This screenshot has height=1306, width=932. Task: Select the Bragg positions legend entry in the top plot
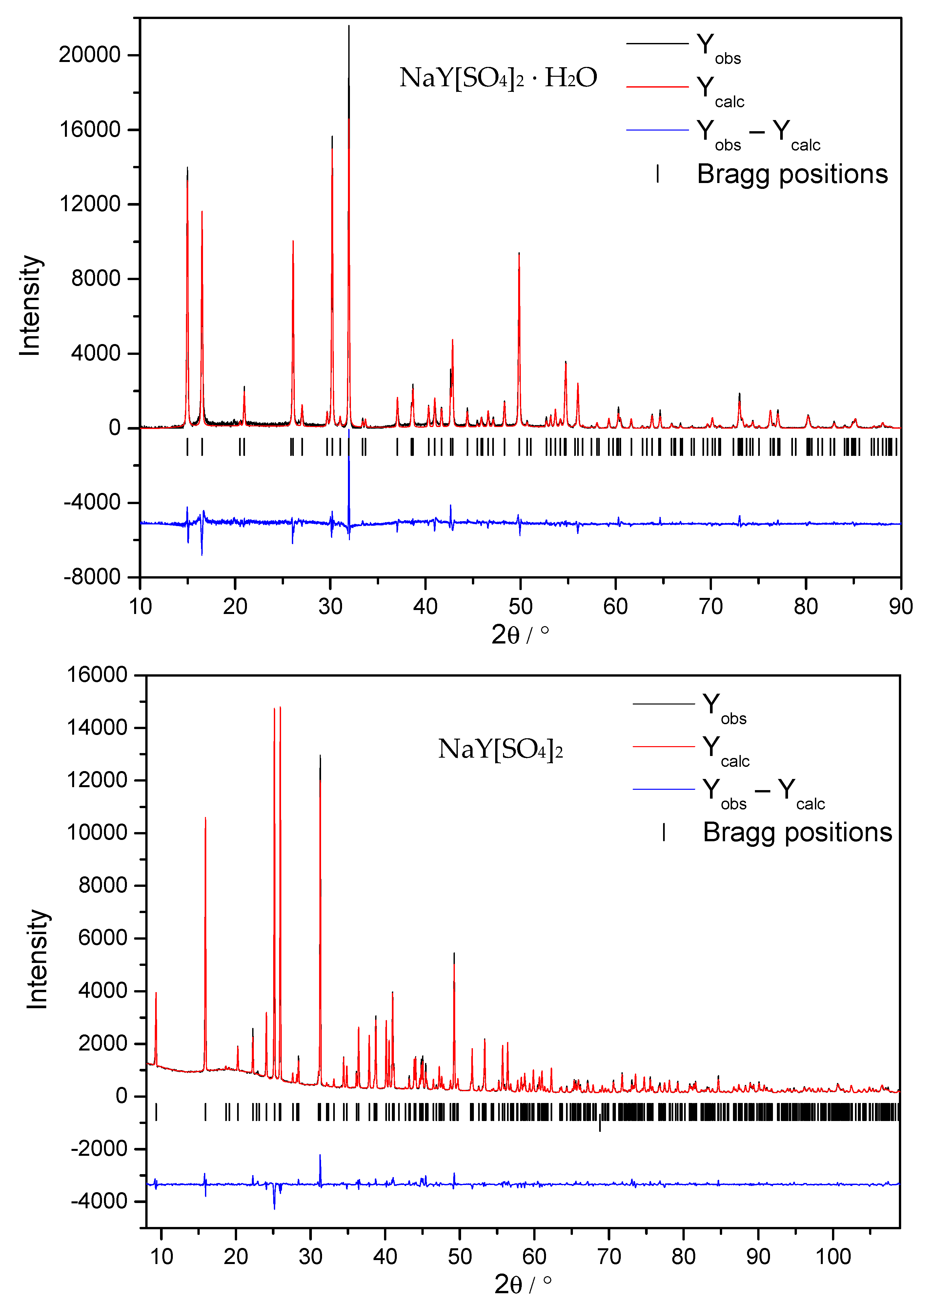tap(792, 174)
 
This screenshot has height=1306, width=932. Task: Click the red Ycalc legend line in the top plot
tap(657, 87)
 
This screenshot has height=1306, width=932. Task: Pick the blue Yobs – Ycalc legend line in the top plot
tap(657, 130)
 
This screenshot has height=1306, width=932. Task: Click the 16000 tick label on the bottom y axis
tap(96, 674)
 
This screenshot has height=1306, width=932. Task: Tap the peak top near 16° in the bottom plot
tap(205, 818)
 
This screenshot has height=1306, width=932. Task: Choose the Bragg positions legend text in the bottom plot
tap(797, 832)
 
